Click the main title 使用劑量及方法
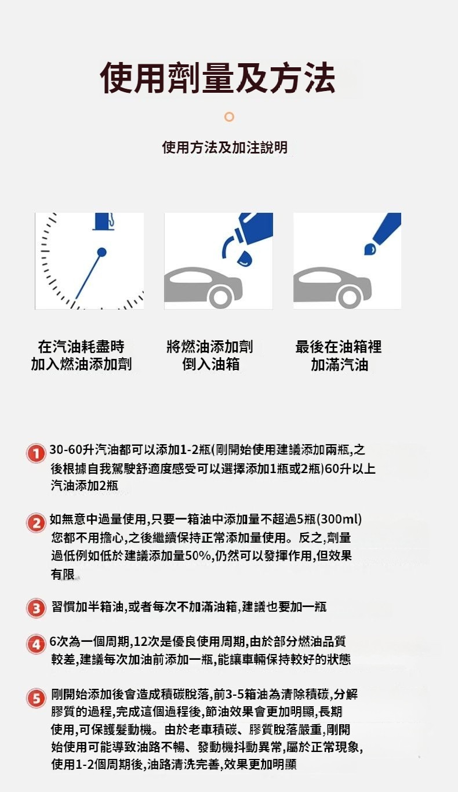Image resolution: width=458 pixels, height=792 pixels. tap(217, 78)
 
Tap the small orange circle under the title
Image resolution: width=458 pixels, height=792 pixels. tap(229, 117)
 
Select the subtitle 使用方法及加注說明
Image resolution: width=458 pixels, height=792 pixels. tap(225, 147)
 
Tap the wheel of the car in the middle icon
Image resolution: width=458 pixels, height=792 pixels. tap(220, 297)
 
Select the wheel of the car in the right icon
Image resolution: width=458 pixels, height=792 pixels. tap(350, 297)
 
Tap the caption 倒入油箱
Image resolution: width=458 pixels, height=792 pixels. tap(211, 364)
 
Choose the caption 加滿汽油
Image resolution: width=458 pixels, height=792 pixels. tap(340, 364)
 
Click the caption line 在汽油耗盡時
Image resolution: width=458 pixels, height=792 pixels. tap(81, 347)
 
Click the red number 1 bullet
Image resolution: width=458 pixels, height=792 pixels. tap(36, 453)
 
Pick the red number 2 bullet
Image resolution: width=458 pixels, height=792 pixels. tap(36, 522)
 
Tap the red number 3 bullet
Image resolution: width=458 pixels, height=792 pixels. tap(36, 608)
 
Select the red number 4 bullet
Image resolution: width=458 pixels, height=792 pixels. tap(36, 644)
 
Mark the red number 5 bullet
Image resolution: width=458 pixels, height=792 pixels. tap(36, 698)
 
